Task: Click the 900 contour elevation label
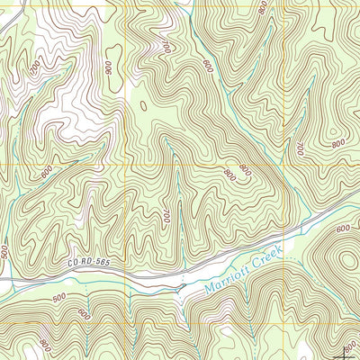tap(109, 67)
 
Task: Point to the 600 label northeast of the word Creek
tap(342, 229)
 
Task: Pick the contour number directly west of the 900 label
tap(35, 67)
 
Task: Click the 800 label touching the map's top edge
tap(262, 7)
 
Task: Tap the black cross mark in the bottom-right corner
tap(350, 350)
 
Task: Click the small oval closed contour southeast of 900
tap(144, 105)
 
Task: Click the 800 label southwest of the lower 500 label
tap(45, 344)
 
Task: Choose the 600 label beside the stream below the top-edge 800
tap(208, 66)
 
